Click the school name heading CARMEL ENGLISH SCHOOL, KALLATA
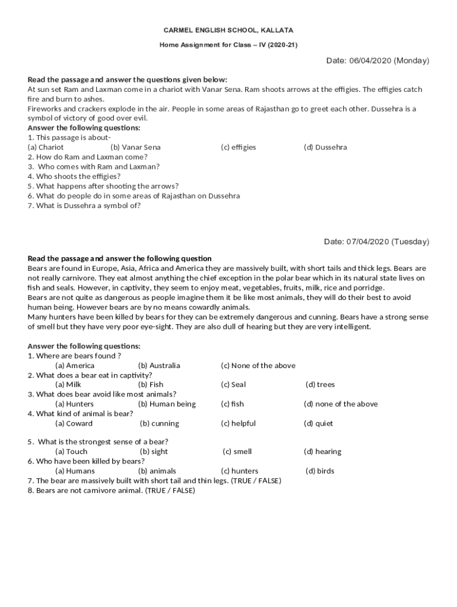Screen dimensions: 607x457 (x=228, y=30)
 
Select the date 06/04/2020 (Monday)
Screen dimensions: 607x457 (x=377, y=60)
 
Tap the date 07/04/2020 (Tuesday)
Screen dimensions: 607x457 (x=376, y=241)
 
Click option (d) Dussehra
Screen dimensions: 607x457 (x=325, y=147)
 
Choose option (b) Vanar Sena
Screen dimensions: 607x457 (x=135, y=147)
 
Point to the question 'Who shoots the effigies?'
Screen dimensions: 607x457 (x=74, y=176)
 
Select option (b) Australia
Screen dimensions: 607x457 (x=159, y=365)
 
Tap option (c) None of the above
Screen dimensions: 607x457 (x=258, y=365)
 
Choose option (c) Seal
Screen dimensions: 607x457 (x=233, y=384)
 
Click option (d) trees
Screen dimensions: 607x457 (x=320, y=384)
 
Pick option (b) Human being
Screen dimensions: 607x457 (x=167, y=404)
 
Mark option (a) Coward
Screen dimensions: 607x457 (x=74, y=423)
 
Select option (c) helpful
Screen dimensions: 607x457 (x=238, y=423)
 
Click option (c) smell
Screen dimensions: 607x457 (x=237, y=451)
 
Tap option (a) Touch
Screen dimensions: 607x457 (x=71, y=451)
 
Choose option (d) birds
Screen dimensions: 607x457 (x=319, y=471)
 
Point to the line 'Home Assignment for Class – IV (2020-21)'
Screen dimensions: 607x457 (x=228, y=45)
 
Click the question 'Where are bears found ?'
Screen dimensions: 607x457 (x=74, y=356)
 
